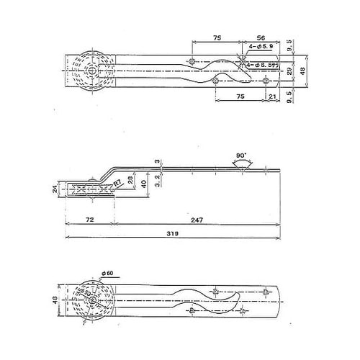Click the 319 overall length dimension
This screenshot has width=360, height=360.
click(x=171, y=233)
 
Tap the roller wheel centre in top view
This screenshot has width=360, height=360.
click(x=92, y=71)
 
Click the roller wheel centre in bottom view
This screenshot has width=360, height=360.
click(x=92, y=300)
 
